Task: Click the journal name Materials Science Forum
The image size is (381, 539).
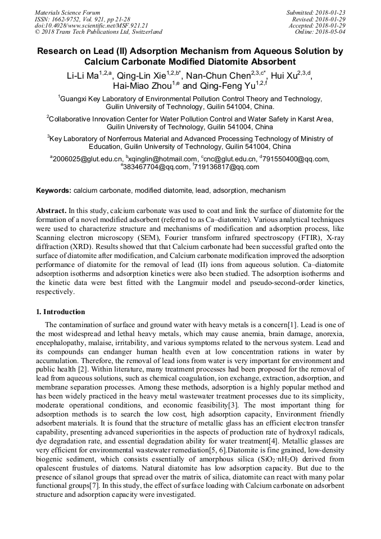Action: point(67,12)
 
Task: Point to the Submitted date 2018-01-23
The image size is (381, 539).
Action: point(331,12)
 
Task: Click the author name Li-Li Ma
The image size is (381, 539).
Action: point(82,76)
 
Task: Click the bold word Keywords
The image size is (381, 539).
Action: point(54,191)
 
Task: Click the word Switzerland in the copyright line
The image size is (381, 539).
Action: point(144,32)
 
